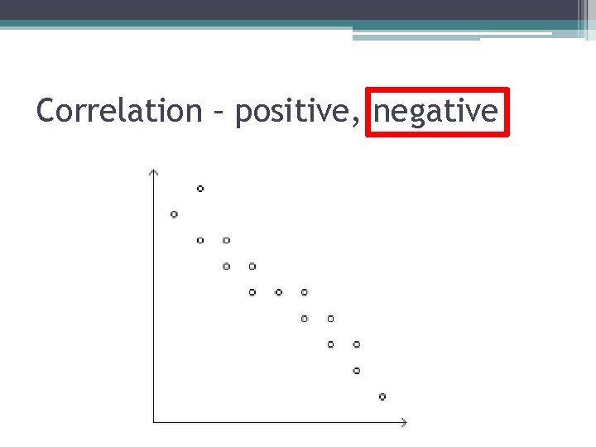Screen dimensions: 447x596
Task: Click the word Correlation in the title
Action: coord(119,110)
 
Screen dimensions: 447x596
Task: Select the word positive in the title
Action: coord(295,111)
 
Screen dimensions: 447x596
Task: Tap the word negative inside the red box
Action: coord(436,111)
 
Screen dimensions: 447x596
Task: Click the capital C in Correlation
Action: coord(47,110)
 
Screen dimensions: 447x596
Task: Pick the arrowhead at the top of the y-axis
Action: coord(153,172)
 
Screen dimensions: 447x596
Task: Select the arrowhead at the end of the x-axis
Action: coord(404,423)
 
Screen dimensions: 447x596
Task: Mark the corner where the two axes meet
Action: coord(153,423)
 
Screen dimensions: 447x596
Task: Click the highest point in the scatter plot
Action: coord(200,189)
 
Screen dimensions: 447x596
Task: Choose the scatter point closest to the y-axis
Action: coord(174,214)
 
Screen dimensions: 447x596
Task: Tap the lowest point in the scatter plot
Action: coord(382,397)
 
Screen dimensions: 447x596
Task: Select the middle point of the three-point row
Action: coord(278,292)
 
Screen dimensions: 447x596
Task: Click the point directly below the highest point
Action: coord(200,240)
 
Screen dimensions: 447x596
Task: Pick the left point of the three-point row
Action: coord(252,292)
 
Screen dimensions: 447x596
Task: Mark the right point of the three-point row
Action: coord(305,292)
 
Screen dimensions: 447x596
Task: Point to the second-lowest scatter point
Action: coord(357,370)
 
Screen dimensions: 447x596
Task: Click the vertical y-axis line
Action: coord(153,298)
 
